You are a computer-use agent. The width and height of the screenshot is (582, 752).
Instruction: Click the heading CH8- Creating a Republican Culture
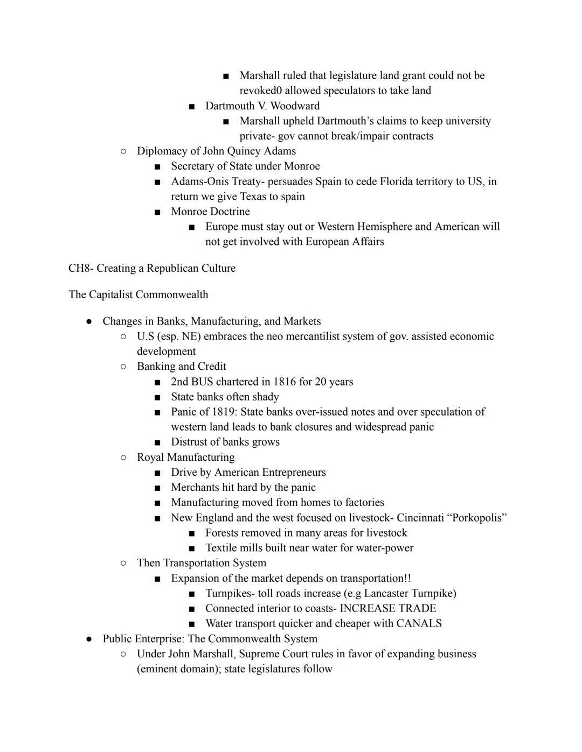[151, 268]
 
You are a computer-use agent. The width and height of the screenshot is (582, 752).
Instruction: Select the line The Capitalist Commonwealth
[138, 294]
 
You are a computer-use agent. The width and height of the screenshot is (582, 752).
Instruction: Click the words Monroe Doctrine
[210, 212]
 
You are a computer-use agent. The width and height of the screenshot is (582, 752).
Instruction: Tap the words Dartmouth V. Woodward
[262, 106]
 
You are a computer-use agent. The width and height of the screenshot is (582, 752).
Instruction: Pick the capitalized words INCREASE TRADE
[387, 608]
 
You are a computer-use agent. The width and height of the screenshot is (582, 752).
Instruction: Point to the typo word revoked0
[261, 90]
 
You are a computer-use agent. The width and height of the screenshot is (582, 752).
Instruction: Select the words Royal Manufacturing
[185, 457]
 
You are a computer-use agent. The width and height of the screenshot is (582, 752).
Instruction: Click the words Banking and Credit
[181, 367]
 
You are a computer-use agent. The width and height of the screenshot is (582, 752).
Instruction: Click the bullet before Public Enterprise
[89, 639]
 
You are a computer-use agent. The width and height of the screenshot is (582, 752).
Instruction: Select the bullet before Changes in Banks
[89, 321]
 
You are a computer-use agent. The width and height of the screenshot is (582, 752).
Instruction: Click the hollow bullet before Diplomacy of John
[123, 151]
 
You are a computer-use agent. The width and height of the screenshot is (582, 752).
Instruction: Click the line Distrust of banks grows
[225, 442]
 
